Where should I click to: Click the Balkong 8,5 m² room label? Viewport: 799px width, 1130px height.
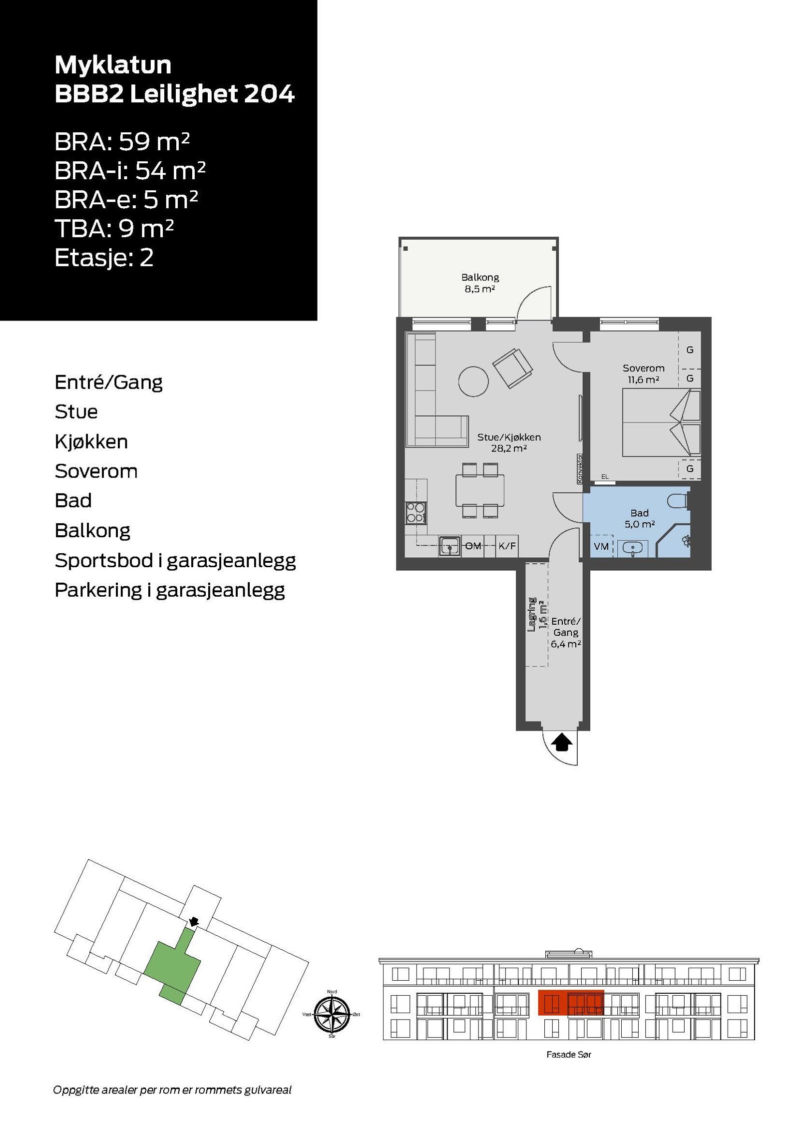coord(479,283)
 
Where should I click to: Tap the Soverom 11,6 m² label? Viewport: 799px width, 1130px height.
coord(643,374)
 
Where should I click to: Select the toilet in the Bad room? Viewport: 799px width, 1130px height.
coord(679,500)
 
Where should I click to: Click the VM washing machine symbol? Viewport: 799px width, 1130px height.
coord(601,546)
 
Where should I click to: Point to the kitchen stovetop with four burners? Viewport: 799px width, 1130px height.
coord(415,512)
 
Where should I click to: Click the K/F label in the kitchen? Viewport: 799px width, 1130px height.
coord(507,546)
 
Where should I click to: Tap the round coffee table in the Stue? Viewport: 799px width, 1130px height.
coord(473,381)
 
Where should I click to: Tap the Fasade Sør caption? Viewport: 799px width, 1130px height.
coord(568,1055)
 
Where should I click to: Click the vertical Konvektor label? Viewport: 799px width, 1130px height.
coord(580,468)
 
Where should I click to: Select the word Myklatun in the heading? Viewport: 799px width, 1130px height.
coord(113,65)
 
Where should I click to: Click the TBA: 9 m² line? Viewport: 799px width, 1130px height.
coord(114,229)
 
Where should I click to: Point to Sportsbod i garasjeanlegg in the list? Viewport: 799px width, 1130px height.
coord(175,560)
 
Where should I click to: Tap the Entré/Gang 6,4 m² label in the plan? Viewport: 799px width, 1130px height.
coord(565,632)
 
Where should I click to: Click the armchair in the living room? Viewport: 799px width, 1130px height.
coord(512,368)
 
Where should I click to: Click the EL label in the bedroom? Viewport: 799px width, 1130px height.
coord(605,477)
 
